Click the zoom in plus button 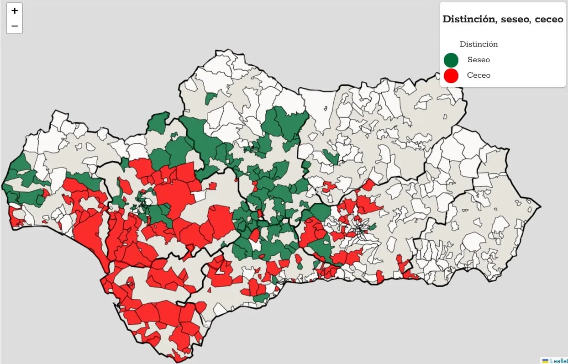pos(14,11)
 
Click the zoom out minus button pos(14,26)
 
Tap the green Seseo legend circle pos(451,60)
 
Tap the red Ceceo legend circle pos(451,75)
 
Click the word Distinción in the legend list pos(479,44)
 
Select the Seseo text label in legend pos(479,60)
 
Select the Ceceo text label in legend pos(479,75)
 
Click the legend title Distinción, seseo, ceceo pos(503,19)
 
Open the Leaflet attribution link pos(559,361)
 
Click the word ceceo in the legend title pos(549,19)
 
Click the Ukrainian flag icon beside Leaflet pos(545,361)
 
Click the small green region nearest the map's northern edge pos(210,98)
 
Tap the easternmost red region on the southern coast pos(410,275)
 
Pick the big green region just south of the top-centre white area pos(285,123)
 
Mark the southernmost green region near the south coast pos(261,298)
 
